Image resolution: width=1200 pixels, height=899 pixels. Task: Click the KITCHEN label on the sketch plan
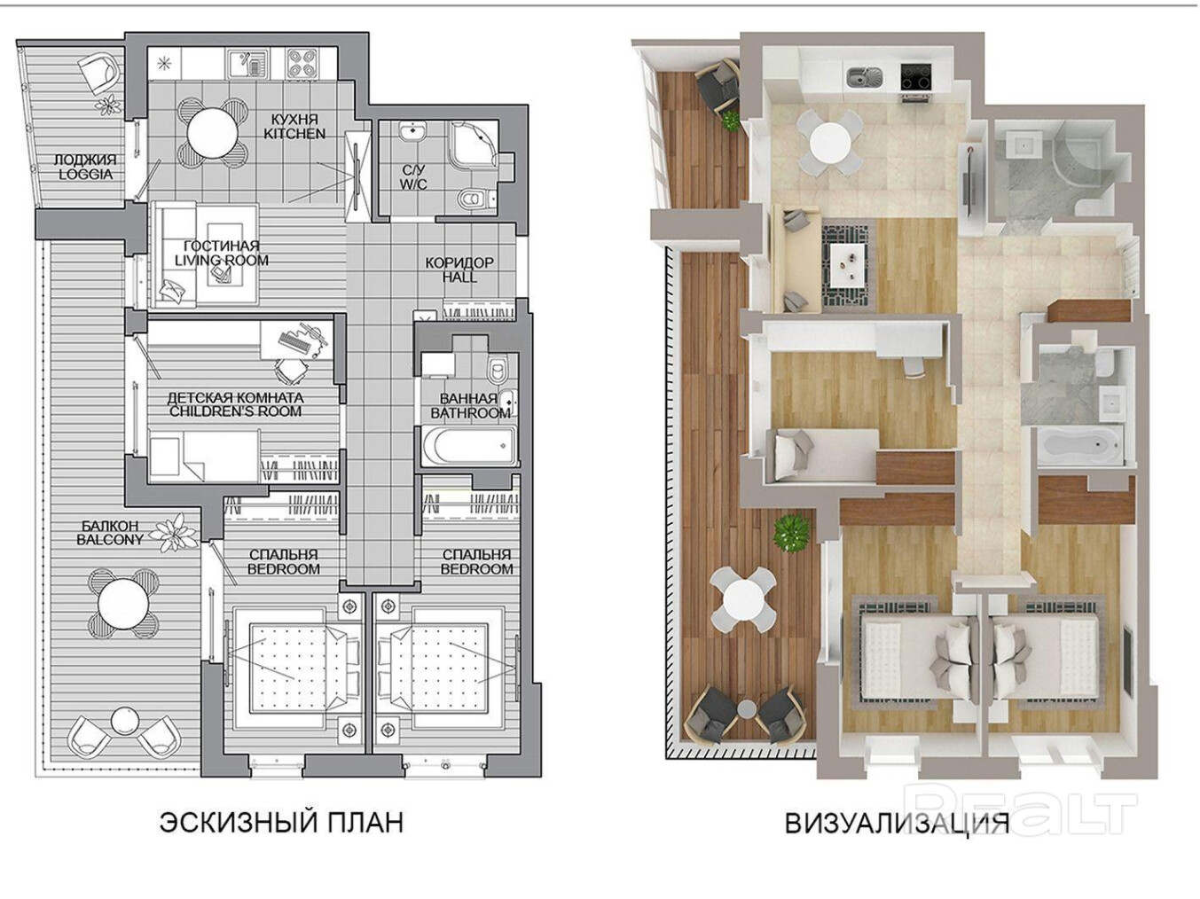pos(294,134)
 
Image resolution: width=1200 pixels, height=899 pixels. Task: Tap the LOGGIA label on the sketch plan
pos(86,175)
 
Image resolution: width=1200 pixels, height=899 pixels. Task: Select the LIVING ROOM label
pos(222,260)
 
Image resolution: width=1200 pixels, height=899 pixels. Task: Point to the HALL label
pos(459,278)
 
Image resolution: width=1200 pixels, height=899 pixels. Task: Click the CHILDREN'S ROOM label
pos(235,411)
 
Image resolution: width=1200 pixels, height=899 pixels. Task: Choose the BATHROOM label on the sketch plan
pos(470,413)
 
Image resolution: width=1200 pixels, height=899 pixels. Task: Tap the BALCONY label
pos(110,540)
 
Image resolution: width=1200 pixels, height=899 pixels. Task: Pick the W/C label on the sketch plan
pos(412,184)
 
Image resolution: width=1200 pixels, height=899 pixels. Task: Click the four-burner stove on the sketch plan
pos(303,65)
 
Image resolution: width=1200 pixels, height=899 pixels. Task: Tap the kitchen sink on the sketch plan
pos(248,65)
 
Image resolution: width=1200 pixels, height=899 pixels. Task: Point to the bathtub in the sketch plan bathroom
pos(469,445)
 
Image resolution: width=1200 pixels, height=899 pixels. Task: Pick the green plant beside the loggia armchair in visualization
pos(731,121)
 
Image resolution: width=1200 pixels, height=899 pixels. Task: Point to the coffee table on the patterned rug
pos(849,265)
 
